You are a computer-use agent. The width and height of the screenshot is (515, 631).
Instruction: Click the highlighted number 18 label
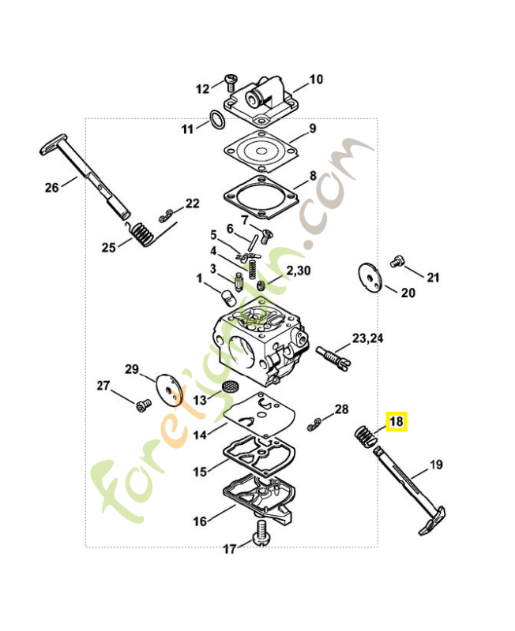397,421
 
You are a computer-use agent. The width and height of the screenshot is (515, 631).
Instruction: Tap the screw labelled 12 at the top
231,82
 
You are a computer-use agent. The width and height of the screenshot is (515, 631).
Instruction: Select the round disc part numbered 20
369,278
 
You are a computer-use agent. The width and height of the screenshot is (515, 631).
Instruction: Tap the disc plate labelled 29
169,390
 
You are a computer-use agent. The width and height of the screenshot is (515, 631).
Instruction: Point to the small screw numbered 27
143,405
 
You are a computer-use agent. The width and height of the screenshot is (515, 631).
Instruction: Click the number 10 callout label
316,80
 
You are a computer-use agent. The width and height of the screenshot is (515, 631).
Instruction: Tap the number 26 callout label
51,187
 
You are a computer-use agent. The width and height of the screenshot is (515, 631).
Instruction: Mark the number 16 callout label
200,521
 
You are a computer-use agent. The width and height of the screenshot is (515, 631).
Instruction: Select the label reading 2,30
299,271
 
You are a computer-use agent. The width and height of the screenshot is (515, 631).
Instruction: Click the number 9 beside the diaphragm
313,129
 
